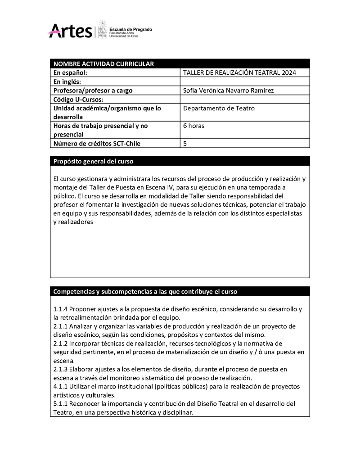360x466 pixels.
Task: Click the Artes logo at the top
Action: (70, 31)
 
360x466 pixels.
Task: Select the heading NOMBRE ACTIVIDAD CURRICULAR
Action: (103, 64)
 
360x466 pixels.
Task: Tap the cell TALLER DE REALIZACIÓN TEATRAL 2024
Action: (240, 72)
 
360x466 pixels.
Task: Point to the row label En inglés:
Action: (67, 81)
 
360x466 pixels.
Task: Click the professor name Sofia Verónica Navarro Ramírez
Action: (228, 90)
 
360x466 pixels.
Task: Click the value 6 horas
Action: (194, 126)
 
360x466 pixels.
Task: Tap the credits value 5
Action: (185, 143)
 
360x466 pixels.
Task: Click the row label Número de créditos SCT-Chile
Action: (97, 143)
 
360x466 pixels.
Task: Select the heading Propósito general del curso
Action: (93, 161)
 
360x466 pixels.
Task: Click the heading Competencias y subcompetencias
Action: (145, 291)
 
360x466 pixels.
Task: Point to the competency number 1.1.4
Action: (60, 309)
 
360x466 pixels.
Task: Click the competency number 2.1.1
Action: (60, 326)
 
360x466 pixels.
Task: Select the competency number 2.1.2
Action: (60, 343)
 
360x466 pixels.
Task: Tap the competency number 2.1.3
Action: (60, 369)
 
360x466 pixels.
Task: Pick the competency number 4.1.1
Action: (60, 386)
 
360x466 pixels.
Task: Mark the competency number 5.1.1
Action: (60, 403)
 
